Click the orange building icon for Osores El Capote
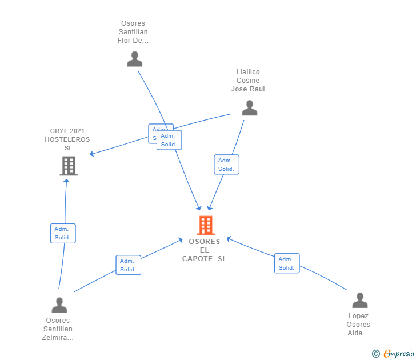pos(205,225)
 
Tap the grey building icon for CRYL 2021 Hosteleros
pos(69,166)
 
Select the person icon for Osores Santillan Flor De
pos(134,59)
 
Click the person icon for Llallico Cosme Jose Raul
pos(249,107)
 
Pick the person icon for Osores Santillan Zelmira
pos(59,305)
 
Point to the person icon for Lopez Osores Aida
pos(359,300)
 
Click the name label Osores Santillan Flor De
pos(133,32)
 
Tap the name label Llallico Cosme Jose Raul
pos(248,81)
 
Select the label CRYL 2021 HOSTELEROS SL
pos(67,139)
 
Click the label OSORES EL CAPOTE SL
pos(205,250)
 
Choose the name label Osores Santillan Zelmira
pos(58,329)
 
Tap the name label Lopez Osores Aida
pos(358,325)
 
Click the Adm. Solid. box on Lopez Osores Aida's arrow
pos(287,263)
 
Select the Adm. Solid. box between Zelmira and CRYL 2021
pos(63,233)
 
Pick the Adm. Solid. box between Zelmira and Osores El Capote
pos(128,265)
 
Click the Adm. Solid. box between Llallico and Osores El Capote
pos(226,165)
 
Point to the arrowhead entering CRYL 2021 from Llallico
pos(92,154)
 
